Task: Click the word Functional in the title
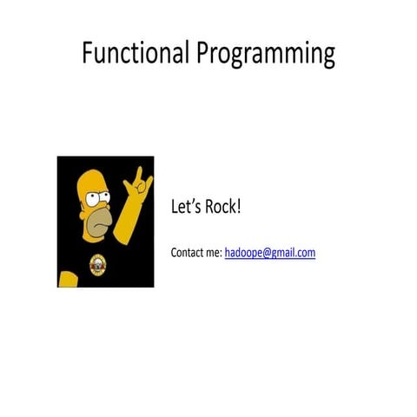pyautogui.click(x=136, y=53)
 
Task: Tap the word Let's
pyautogui.click(x=188, y=208)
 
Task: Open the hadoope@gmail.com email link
pyautogui.click(x=269, y=253)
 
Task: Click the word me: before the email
pyautogui.click(x=215, y=253)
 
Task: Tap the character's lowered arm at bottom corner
pyautogui.click(x=65, y=279)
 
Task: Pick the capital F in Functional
pyautogui.click(x=87, y=53)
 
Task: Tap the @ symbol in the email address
pyautogui.click(x=267, y=253)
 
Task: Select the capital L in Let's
pyautogui.click(x=175, y=208)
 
